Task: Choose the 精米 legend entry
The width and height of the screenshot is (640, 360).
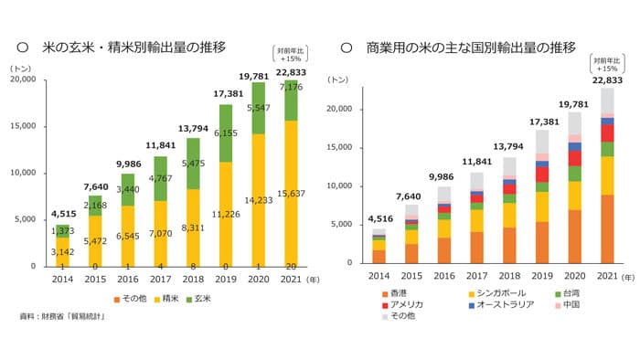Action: coord(162,299)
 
